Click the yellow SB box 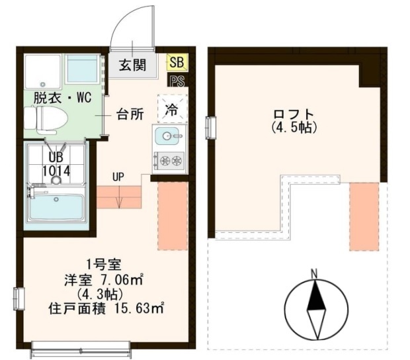point(177,62)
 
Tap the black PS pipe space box point(178,81)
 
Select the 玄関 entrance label point(132,65)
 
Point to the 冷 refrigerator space point(173,109)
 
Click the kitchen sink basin point(169,136)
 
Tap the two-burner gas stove point(170,160)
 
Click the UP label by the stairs point(118,177)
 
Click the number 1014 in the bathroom point(56,171)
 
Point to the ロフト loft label point(294,114)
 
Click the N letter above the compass point(314,274)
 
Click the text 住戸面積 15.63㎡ point(106,309)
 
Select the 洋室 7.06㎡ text point(104,281)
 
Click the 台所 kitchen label point(130,114)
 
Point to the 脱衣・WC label point(63,98)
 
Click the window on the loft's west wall point(211,128)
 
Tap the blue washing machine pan point(83,69)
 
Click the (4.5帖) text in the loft point(294,128)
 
